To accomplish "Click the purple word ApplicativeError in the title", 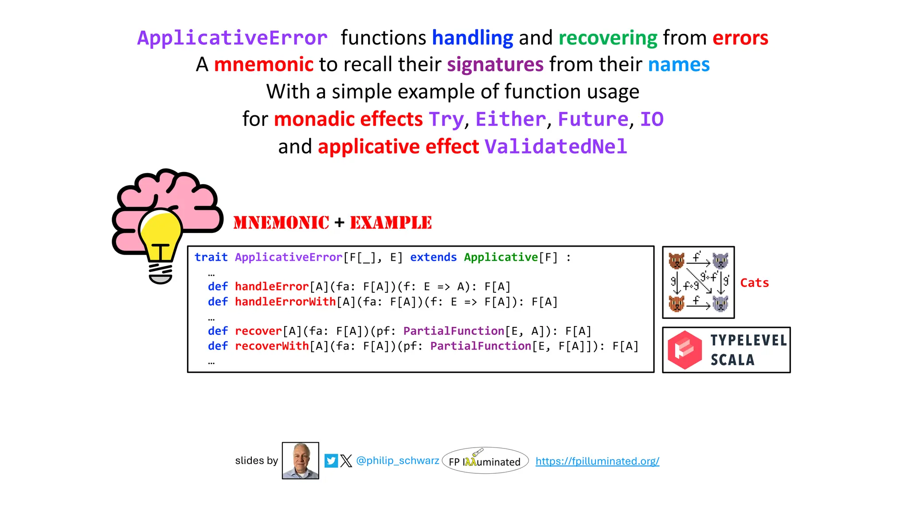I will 232,38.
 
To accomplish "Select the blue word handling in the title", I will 473,38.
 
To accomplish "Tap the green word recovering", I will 608,38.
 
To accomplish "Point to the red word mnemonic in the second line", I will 264,65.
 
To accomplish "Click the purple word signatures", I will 495,65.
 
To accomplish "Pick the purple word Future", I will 593,119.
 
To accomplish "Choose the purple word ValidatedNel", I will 556,147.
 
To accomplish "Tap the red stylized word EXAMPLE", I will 391,223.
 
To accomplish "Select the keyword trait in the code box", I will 211,257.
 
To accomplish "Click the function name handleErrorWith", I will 285,302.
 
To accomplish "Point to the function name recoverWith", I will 272,346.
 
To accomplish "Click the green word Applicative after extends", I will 501,257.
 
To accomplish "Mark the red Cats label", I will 754,283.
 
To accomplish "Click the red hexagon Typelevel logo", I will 685,350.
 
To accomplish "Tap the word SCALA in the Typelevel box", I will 732,360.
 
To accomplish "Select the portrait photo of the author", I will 301,460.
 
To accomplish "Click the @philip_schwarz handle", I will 398,461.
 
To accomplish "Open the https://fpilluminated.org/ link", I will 597,461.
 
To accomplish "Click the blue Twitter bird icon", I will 331,461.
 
